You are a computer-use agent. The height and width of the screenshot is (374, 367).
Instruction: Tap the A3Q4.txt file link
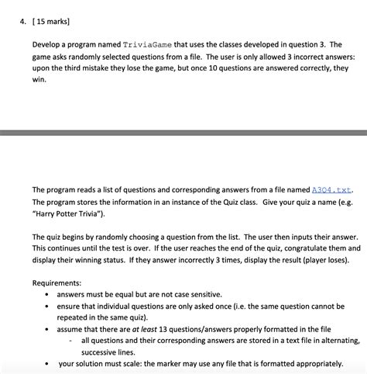click(331, 189)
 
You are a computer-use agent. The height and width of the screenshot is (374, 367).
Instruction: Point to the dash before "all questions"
click(72, 340)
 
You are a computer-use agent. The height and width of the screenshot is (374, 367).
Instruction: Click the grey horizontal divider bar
click(183, 133)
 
